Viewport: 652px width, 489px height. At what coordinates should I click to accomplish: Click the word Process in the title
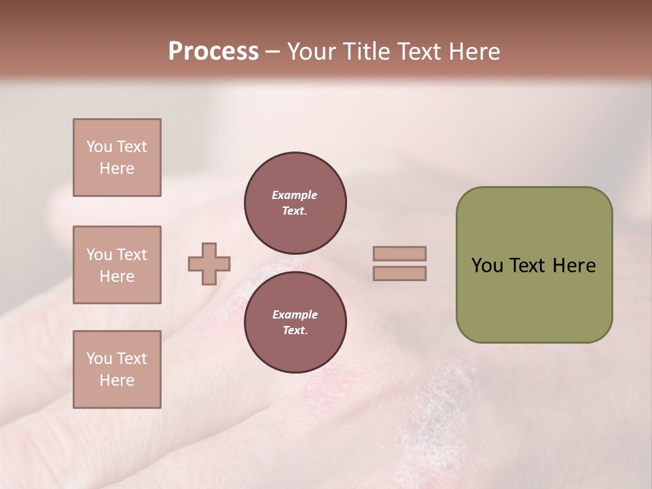tap(213, 52)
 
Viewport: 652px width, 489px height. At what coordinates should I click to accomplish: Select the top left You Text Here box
tap(117, 158)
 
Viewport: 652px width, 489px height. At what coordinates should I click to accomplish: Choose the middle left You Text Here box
tap(117, 265)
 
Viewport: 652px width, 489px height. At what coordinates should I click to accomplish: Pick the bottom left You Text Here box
tap(117, 369)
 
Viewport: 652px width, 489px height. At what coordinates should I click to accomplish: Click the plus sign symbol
tap(209, 264)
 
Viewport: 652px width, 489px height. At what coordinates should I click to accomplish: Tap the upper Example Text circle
tap(295, 202)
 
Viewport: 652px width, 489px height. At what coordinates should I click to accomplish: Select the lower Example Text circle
tap(295, 322)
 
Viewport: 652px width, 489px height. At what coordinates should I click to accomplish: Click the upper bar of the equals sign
tap(399, 254)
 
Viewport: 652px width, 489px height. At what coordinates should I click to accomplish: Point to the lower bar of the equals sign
tap(399, 273)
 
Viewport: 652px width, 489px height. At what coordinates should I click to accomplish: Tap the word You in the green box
tap(487, 266)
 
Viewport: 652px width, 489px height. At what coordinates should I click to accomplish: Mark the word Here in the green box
tap(574, 266)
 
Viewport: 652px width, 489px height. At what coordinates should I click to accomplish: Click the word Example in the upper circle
tap(295, 195)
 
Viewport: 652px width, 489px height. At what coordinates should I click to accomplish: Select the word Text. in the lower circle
tap(295, 330)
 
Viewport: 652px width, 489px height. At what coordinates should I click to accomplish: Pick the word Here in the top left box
tap(117, 168)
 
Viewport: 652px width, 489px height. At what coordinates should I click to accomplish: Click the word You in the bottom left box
tap(98, 359)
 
